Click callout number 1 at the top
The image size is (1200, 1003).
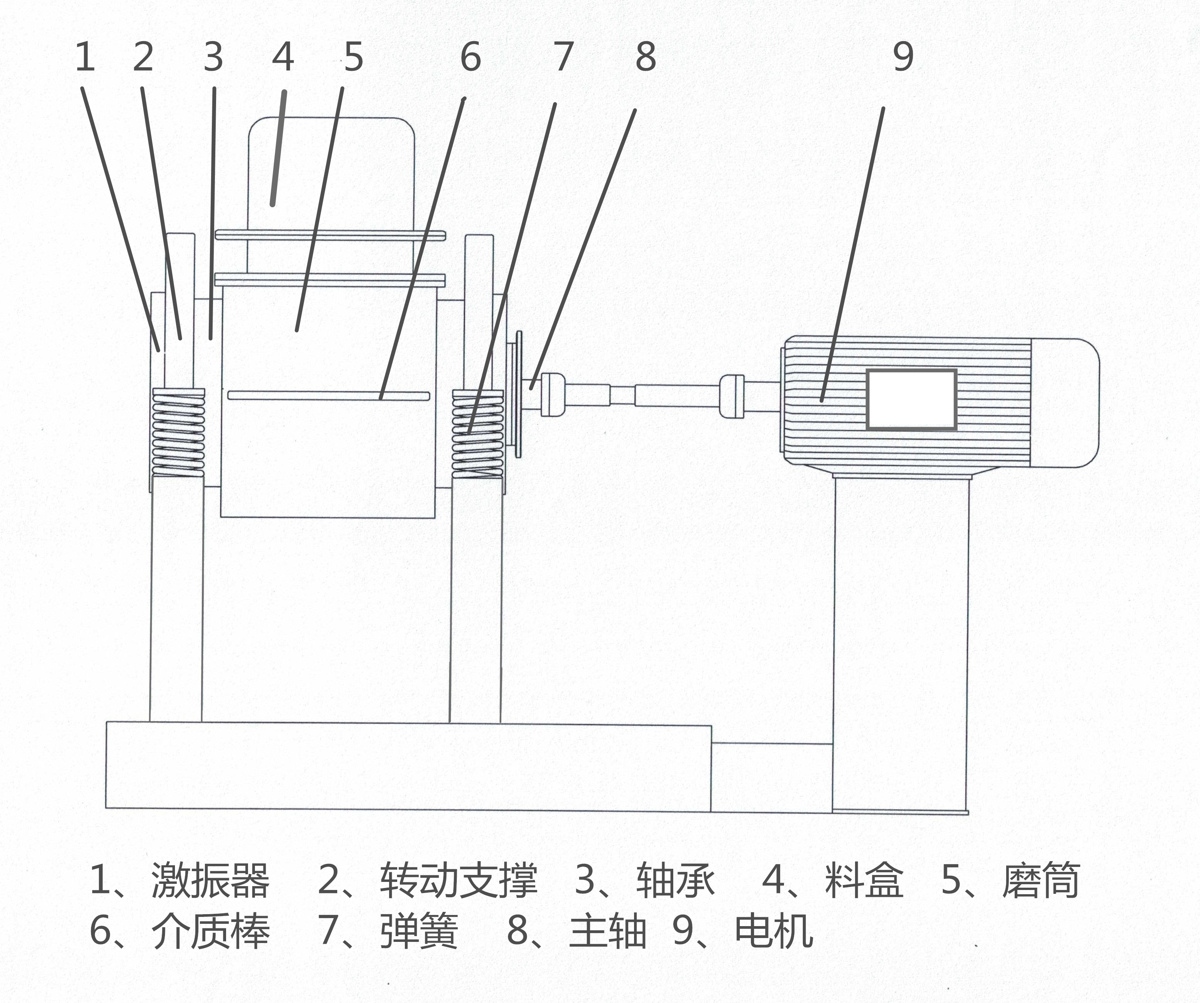[85, 58]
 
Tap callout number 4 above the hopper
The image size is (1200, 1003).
[283, 58]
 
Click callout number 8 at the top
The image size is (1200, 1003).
[646, 58]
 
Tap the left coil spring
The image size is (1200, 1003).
[178, 432]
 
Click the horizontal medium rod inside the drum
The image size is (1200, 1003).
[329, 396]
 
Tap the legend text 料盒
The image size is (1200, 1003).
[864, 881]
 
